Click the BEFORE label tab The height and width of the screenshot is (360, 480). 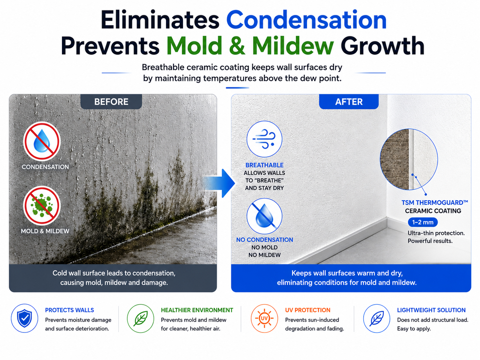[x=111, y=102]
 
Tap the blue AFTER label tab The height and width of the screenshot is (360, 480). [x=349, y=102]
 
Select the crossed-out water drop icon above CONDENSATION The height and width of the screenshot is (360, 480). [x=42, y=142]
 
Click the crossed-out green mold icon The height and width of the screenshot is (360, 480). [x=42, y=205]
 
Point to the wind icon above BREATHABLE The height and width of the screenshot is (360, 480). [x=265, y=139]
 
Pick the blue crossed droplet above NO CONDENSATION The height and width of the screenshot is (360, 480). [x=265, y=216]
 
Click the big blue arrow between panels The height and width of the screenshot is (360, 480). [x=219, y=183]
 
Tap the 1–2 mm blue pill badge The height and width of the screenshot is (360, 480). [x=423, y=222]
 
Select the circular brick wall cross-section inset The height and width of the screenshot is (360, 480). [x=409, y=159]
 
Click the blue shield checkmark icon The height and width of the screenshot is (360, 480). [x=25, y=318]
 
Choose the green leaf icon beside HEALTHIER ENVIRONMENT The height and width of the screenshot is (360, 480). [x=141, y=318]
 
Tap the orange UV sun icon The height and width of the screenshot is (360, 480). [x=265, y=318]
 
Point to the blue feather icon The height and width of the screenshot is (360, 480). [x=377, y=318]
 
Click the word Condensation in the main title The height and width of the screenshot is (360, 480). [x=306, y=20]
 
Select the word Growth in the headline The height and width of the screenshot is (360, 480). [x=382, y=46]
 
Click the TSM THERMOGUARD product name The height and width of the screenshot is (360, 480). [x=435, y=203]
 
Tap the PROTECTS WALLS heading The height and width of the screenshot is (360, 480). [x=69, y=310]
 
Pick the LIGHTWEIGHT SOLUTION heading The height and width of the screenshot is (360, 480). [x=431, y=310]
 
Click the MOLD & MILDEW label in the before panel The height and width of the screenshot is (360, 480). [x=45, y=231]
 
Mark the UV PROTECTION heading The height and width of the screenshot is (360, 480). [x=308, y=310]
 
